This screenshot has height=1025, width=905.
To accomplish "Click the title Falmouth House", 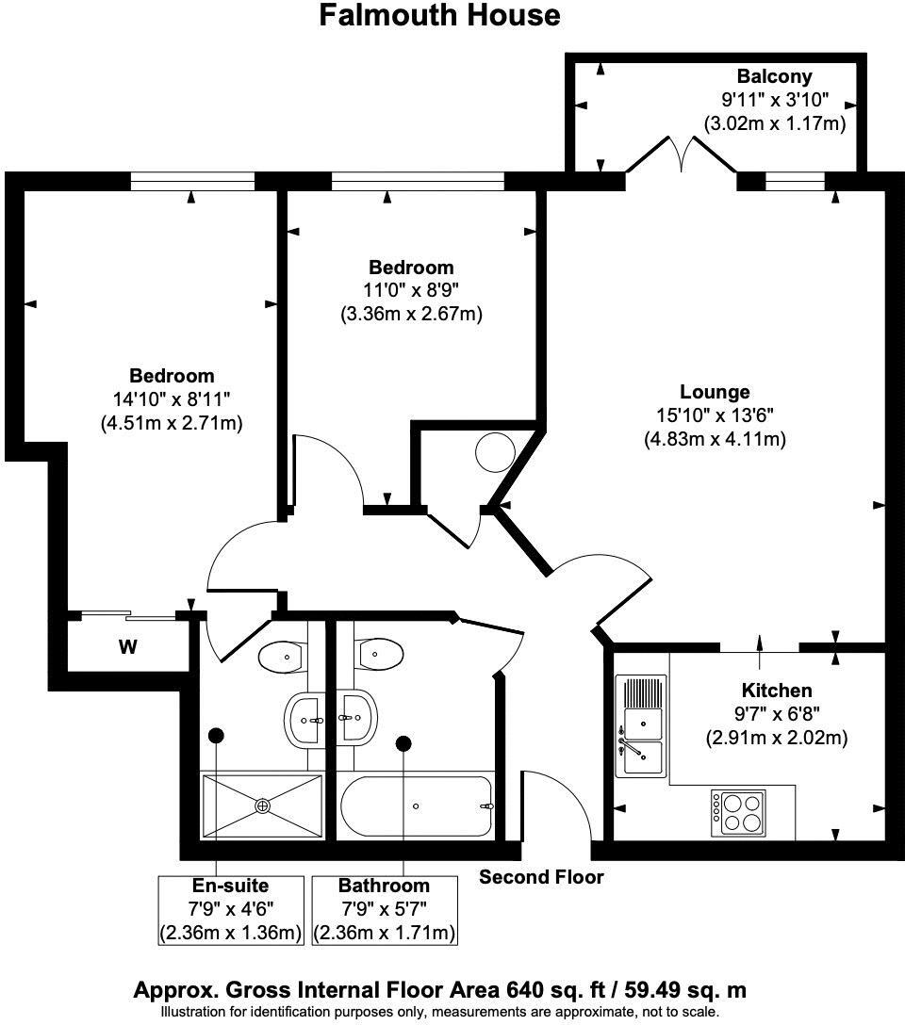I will coord(439,16).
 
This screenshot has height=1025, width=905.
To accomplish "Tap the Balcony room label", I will coord(774,76).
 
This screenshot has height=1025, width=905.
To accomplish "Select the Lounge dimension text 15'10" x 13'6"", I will coord(716,415).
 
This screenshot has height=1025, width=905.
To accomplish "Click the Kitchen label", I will coord(776,691).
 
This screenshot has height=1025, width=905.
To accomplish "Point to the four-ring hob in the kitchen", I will coord(738,811).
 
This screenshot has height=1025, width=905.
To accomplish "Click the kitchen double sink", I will coord(641,725).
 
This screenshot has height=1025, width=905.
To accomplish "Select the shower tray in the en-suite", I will coord(262,805).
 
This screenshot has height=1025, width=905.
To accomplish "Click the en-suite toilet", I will coord(280,656).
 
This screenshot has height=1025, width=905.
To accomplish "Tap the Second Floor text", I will coord(541,877).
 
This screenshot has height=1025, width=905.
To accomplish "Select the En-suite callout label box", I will coord(231,909).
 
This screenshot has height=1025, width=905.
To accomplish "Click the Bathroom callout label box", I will coord(384,909).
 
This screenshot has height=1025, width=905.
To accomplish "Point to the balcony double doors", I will coord(681,155).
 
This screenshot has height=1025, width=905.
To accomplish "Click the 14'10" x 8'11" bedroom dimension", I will coord(172,399).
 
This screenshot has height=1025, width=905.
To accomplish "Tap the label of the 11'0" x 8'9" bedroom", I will coord(411,268).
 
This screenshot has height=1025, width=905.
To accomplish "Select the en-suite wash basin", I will coord(305,721).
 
